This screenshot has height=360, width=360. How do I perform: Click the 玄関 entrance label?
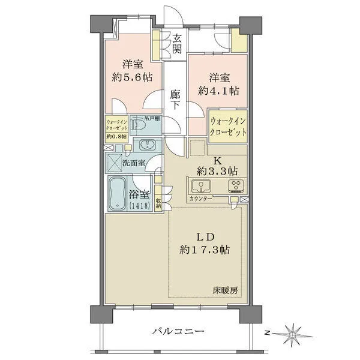pos(177,44)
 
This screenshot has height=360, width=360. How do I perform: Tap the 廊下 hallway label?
pos(175,100)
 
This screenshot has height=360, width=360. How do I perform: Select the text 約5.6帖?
pos(133,77)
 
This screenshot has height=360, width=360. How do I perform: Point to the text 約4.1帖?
pos(218,91)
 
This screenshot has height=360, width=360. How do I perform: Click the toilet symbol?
pos(139,125)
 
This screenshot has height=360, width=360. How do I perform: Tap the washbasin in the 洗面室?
pos(146,145)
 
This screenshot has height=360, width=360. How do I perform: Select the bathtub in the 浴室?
pos(117,193)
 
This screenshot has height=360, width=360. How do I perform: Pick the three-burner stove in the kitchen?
pos(236,186)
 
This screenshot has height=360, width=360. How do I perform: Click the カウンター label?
pos(200,199)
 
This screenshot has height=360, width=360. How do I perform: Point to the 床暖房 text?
pos(225,290)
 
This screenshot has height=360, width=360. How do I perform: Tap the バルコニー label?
pos(178,331)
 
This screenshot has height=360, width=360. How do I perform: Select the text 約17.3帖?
pos(205,250)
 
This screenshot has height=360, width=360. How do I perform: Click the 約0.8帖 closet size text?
pos(116,136)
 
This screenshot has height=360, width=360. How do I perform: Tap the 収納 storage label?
pos(158,203)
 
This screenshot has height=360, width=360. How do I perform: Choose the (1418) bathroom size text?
pos(140,205)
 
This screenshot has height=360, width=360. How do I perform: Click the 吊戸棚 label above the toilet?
pos(152,119)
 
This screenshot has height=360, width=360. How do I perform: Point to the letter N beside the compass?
pos(266,332)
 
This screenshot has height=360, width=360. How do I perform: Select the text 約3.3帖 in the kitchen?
pos(217,171)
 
